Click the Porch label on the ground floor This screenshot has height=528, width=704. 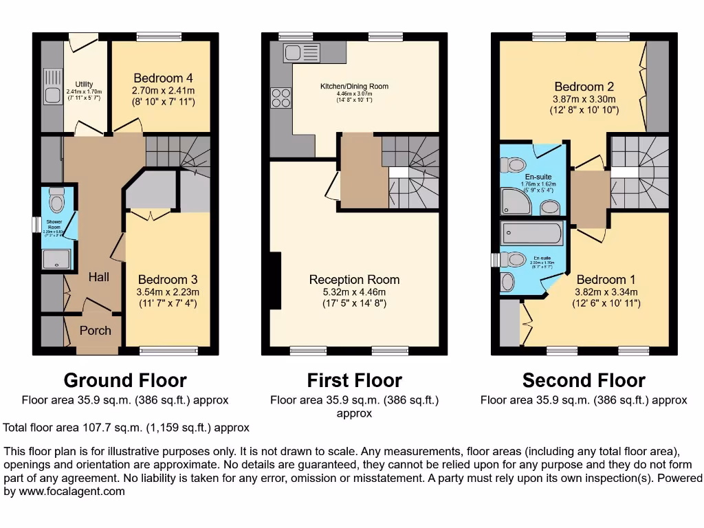pyautogui.click(x=95, y=331)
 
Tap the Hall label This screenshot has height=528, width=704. pyautogui.click(x=98, y=277)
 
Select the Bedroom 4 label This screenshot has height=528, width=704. pyautogui.click(x=158, y=78)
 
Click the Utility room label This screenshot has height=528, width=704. pyautogui.click(x=84, y=85)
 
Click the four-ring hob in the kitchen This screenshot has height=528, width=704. pyautogui.click(x=281, y=98)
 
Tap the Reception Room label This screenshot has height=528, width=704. pyautogui.click(x=354, y=280)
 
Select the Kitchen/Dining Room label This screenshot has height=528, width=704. pyautogui.click(x=354, y=87)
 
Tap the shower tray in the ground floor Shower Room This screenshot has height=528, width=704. pyautogui.click(x=54, y=259)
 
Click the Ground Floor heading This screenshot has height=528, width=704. pyautogui.click(x=125, y=380)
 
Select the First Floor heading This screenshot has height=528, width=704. pyautogui.click(x=354, y=380)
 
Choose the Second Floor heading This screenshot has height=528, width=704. pyautogui.click(x=584, y=380)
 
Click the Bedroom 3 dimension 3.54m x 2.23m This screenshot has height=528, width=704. pyautogui.click(x=168, y=291)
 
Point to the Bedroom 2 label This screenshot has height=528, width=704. pyautogui.click(x=584, y=87)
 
